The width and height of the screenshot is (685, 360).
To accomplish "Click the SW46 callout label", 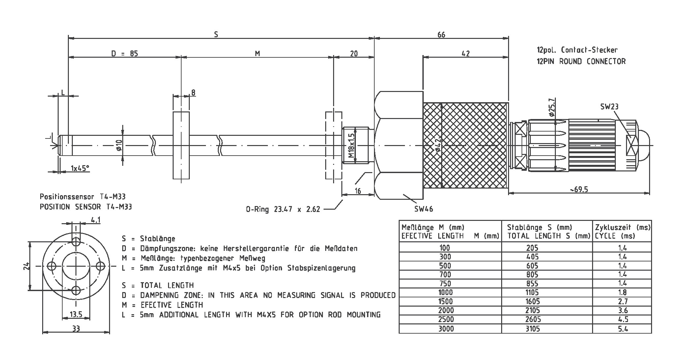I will click(424, 209).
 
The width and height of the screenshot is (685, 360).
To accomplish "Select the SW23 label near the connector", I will click(609, 106).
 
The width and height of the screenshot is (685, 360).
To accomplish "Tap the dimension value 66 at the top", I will click(441, 35).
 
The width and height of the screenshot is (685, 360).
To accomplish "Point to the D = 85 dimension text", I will click(124, 53).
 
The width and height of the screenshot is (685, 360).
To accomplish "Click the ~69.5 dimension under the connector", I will click(579, 189).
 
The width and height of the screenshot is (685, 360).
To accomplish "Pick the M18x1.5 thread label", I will click(351, 145).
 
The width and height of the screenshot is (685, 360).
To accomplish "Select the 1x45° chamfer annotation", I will click(80, 168).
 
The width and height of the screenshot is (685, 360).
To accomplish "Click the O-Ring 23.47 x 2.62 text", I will click(283, 209).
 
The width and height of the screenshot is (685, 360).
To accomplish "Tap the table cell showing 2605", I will click(532, 319).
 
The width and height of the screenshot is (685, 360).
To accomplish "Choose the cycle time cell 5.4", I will click(623, 328).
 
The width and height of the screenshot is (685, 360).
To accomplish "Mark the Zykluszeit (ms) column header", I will click(623, 231).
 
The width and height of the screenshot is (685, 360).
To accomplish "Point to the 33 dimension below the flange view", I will click(76, 328).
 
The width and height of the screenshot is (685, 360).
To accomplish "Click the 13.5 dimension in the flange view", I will click(76, 315).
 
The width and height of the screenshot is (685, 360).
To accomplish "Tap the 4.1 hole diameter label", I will click(96, 220).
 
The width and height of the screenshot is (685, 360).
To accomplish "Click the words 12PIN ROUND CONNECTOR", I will click(581, 61).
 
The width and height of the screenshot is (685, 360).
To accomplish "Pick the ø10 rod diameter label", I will click(119, 145).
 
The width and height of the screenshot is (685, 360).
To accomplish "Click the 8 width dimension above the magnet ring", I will click(193, 93).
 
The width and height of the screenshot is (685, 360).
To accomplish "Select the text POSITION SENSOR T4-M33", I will click(86, 207).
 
